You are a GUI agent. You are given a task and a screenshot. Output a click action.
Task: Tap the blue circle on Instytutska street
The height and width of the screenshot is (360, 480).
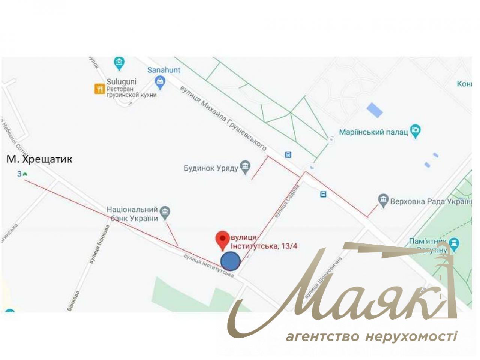[x=230, y=261]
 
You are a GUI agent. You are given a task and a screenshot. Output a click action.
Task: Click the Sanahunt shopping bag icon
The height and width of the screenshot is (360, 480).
[x=160, y=82]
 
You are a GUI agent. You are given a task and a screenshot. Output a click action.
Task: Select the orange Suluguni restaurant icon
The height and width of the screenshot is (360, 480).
[x=99, y=88]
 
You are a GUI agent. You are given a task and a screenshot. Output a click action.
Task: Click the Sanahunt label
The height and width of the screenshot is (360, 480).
[x=163, y=70]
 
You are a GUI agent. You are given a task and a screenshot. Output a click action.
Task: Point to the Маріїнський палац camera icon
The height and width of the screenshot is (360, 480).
[x=415, y=131]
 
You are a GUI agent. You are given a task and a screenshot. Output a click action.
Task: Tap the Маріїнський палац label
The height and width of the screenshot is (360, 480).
[x=373, y=132]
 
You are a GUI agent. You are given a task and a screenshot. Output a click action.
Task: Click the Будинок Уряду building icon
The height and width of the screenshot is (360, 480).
[x=245, y=167]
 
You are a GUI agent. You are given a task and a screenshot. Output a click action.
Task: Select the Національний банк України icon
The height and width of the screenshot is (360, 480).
[x=165, y=213]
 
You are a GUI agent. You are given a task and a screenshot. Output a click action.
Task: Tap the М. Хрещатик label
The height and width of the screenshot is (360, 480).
[x=39, y=159]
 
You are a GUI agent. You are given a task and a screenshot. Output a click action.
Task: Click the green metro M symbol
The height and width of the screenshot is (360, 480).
[x=25, y=174]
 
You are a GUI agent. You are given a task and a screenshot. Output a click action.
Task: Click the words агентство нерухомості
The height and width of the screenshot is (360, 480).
[x=371, y=336]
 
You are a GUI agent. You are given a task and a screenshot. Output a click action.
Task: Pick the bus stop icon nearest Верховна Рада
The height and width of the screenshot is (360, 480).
[x=323, y=194]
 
